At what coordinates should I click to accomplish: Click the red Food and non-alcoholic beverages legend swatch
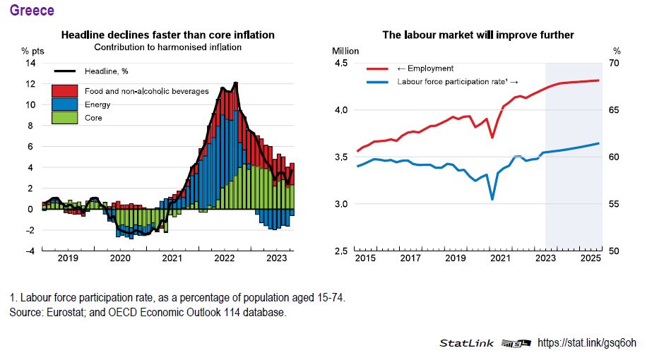[x=65, y=91]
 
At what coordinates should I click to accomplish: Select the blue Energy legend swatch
[x=65, y=104]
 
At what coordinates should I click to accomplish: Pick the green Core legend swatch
[x=65, y=118]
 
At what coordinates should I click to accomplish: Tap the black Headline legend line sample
[x=65, y=71]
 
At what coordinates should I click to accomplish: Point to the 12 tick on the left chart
[x=30, y=84]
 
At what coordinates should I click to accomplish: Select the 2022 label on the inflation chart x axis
[x=225, y=258]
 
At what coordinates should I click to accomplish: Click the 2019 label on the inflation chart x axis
[x=68, y=258]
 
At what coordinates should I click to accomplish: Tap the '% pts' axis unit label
[x=32, y=51]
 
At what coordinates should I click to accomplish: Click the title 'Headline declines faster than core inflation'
[x=167, y=35]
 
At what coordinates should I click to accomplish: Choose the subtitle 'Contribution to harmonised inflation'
[x=167, y=47]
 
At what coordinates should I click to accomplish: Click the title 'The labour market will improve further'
[x=478, y=35]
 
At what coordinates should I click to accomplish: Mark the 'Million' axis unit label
[x=345, y=51]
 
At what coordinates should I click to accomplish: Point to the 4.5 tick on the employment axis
[x=341, y=64]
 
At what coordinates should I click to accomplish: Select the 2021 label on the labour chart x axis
[x=501, y=258]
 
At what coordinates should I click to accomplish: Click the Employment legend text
[x=425, y=68]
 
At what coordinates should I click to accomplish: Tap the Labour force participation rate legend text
[x=458, y=82]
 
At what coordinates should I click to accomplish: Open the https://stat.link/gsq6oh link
[x=586, y=343]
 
